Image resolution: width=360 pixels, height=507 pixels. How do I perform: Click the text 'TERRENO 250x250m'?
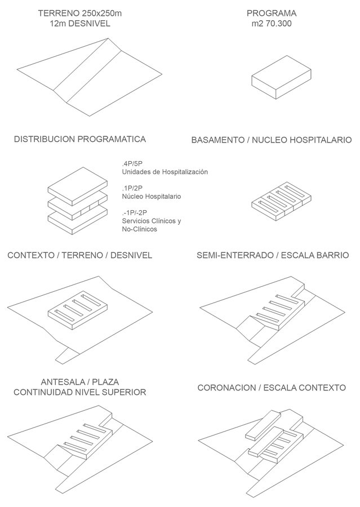pyautogui.click(x=80, y=14)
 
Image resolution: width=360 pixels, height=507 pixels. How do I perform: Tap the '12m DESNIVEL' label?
pyautogui.click(x=80, y=24)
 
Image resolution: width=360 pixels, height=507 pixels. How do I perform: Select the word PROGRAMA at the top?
pyautogui.click(x=272, y=14)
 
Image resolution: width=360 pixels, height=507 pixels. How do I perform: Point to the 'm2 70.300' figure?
pyautogui.click(x=272, y=24)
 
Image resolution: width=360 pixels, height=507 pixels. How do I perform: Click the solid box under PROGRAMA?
pyautogui.click(x=281, y=77)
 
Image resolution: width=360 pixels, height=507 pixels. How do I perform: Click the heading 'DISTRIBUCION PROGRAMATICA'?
pyautogui.click(x=80, y=139)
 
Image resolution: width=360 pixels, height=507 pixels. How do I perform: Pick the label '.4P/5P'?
pyautogui.click(x=132, y=163)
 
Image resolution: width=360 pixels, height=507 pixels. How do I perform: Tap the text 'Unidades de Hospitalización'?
pyautogui.click(x=165, y=172)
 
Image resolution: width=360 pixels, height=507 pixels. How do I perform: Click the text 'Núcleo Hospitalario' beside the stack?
pyautogui.click(x=152, y=196)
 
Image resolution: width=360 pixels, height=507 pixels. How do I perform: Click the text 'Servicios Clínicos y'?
pyautogui.click(x=152, y=221)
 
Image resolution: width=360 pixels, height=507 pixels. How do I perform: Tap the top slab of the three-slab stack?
pyautogui.click(x=78, y=186)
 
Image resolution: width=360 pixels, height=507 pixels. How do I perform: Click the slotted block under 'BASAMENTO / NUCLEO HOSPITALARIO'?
pyautogui.click(x=281, y=201)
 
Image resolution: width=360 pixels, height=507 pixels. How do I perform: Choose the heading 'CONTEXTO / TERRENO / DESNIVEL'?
pyautogui.click(x=80, y=255)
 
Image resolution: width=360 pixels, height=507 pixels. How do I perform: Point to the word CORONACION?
pyautogui.click(x=226, y=388)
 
